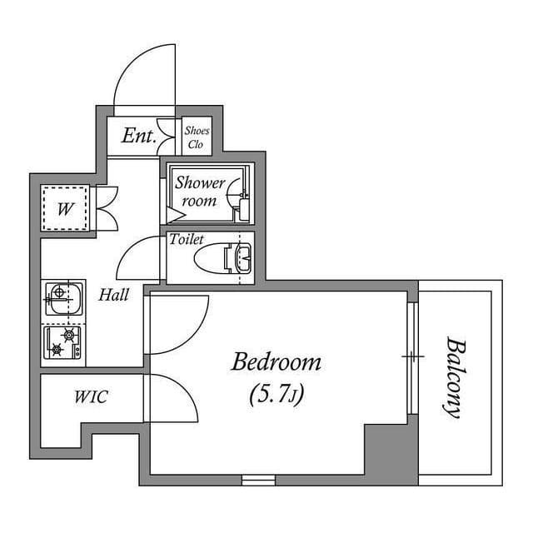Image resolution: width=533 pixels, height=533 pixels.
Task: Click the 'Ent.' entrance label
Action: [x=138, y=136]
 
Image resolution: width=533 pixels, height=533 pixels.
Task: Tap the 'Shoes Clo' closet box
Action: [x=197, y=136]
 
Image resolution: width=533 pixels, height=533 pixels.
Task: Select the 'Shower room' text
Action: [x=199, y=192]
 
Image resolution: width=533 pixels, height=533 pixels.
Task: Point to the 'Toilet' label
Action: [x=187, y=239]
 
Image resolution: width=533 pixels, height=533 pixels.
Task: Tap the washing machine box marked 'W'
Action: [x=63, y=208]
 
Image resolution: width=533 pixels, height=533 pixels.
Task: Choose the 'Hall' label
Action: [x=114, y=294]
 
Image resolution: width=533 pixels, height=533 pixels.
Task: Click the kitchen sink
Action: [x=62, y=298]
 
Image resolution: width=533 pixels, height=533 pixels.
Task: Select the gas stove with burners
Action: [x=63, y=341]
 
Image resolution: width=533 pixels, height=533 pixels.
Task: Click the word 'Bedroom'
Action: [x=276, y=362]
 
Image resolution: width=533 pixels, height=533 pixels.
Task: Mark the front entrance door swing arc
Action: [x=142, y=75]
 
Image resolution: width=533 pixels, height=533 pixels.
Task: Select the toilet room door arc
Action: [x=137, y=258]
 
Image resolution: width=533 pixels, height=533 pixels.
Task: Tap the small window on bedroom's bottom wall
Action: [x=258, y=480]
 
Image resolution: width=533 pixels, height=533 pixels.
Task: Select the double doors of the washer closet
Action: [x=107, y=208]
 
